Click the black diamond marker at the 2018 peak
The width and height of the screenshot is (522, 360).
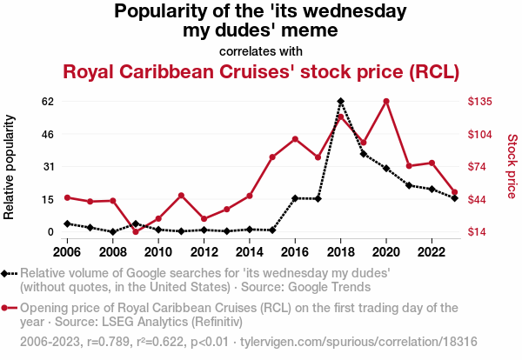tap(340, 102)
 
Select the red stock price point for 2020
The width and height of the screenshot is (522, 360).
tap(386, 102)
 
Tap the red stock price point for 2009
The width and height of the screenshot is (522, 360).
tap(136, 231)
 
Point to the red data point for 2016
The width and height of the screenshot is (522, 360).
tap(295, 139)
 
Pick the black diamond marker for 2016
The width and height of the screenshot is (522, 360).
tap(295, 198)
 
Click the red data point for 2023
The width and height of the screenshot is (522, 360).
tap(454, 192)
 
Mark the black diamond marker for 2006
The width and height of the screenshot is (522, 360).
tap(67, 223)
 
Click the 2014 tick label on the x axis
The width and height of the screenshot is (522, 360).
tap(250, 252)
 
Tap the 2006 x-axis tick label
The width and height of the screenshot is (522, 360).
tap(67, 252)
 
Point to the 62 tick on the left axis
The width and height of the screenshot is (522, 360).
tap(47, 101)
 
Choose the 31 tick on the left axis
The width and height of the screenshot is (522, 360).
tap(47, 166)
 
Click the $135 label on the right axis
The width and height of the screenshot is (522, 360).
tap(481, 102)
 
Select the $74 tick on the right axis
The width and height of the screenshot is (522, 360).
tap(478, 166)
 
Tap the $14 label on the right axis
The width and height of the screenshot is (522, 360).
tap(478, 231)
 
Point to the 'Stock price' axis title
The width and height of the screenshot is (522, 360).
tap(512, 166)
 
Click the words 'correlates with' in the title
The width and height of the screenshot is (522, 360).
tap(260, 50)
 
